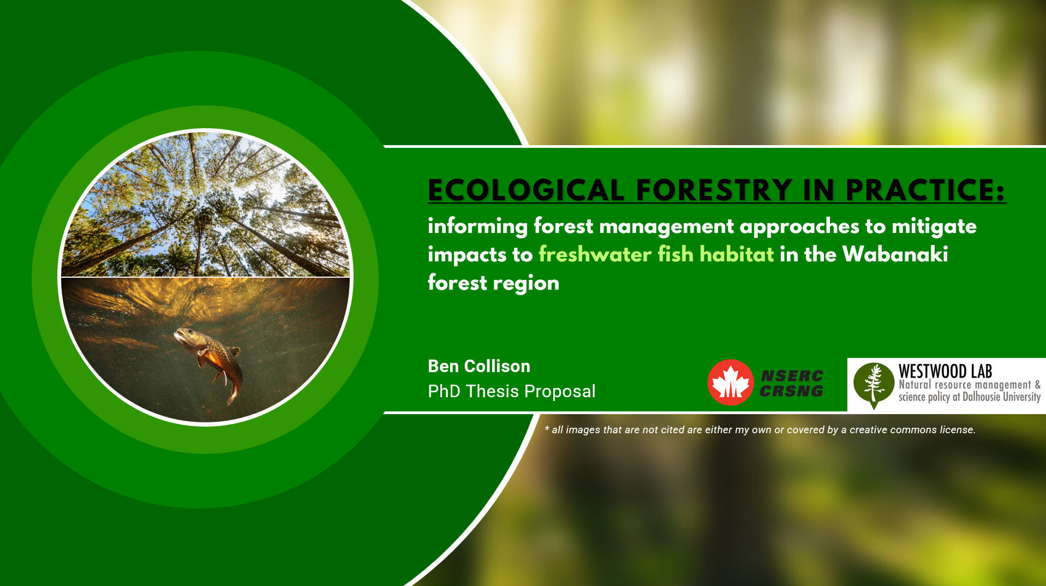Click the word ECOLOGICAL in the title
pos(526,190)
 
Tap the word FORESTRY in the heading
pos(714,190)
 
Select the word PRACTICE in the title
pos(920,190)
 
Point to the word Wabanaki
pos(895,254)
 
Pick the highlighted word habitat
pos(737,254)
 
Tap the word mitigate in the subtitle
pos(934,226)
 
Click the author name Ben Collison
pos(479,366)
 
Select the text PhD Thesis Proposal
pos(512,391)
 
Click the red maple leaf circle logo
pos(731,382)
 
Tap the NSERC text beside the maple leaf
pos(792,376)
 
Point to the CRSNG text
pos(792,391)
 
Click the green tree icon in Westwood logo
pos(874,385)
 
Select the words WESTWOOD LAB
pos(946,372)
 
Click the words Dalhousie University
pos(1001,397)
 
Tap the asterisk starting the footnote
pos(547,429)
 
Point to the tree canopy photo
pos(205,205)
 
